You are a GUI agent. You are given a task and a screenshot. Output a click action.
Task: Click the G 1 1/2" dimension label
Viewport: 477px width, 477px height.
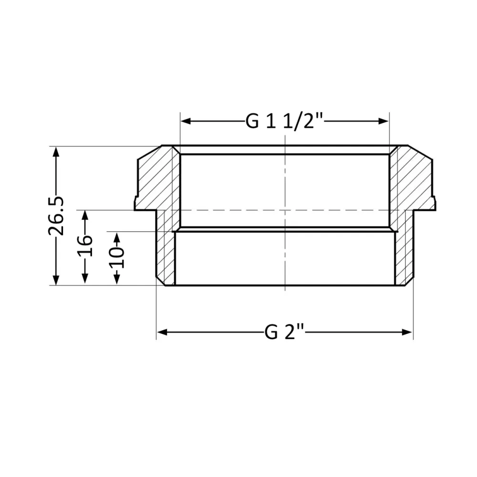click(x=285, y=122)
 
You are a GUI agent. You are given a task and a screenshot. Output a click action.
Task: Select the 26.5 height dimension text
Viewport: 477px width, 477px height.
click(x=57, y=215)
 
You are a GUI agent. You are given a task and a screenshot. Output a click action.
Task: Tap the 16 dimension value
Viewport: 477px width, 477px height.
click(x=85, y=246)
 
